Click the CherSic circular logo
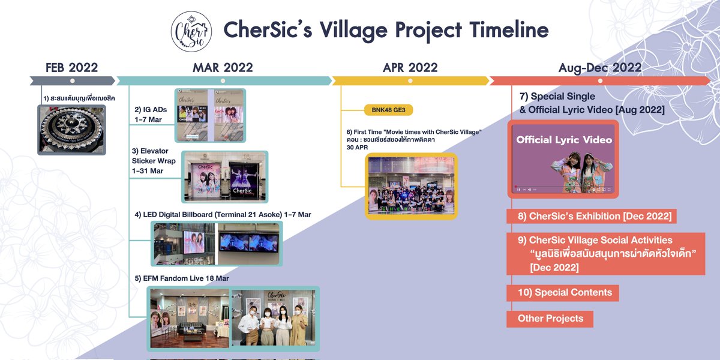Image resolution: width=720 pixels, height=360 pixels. click(191, 31)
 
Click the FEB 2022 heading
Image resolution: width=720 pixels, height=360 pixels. click(71, 67)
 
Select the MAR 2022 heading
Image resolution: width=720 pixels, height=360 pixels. click(223, 67)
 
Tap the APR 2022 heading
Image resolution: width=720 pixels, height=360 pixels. click(410, 67)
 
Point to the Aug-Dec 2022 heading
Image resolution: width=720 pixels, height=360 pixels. click(600, 67)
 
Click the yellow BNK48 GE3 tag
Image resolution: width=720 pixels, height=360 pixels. click(388, 110)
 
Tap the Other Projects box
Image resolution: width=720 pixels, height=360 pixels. click(550, 319)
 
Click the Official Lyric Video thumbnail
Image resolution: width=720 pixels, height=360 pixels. click(564, 159)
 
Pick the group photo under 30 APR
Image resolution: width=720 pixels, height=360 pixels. click(411, 186)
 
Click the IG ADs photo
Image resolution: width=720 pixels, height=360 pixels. click(210, 115)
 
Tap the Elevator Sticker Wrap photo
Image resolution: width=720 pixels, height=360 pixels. click(224, 177)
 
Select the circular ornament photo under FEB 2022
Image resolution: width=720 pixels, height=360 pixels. click(71, 130)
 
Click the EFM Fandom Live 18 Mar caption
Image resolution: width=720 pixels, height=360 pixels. click(182, 278)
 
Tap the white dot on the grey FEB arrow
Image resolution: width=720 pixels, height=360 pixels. click(72, 80)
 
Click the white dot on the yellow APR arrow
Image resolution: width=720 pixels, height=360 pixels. click(410, 80)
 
